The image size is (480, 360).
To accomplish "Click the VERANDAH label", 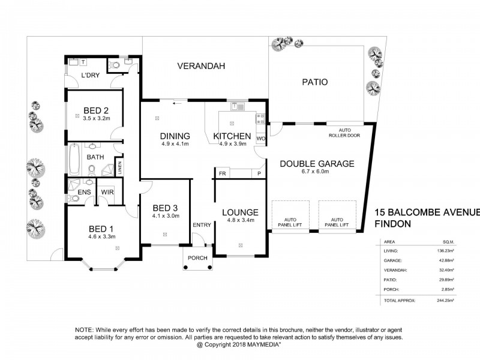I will point(201,67).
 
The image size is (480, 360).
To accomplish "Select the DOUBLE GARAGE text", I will point(316,163).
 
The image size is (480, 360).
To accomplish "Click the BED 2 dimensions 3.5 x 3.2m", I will point(95,119).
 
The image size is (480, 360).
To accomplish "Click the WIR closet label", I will point(108,192).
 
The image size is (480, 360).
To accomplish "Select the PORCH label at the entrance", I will point(197,259).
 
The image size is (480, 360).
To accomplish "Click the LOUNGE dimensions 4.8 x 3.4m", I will point(240,220).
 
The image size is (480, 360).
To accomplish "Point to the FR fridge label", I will point(221,174).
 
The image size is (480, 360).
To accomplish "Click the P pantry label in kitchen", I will point(259,174).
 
